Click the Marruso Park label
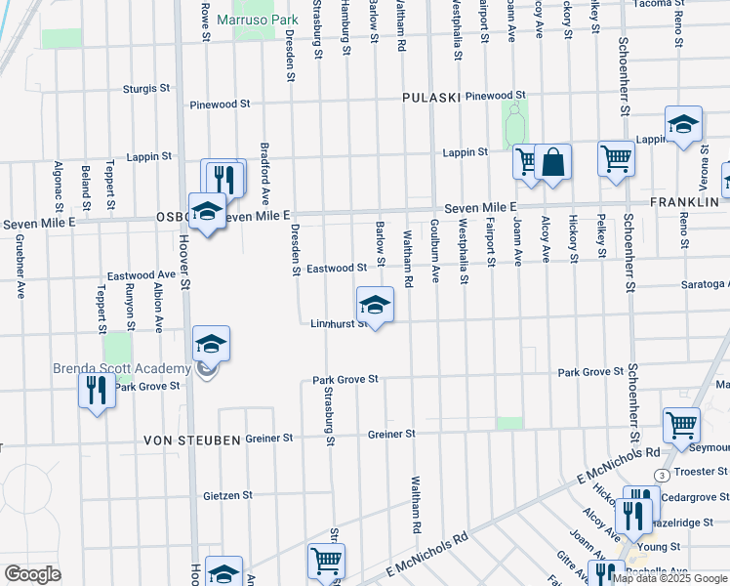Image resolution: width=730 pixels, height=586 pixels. (257, 20)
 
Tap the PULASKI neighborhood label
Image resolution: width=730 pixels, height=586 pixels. (430, 98)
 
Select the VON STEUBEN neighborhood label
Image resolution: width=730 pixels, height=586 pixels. (192, 440)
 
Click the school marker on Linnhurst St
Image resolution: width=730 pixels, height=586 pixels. (375, 306)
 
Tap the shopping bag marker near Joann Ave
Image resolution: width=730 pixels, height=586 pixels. (552, 163)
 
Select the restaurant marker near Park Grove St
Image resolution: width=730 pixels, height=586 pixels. (96, 393)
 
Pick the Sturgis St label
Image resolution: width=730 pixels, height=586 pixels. (146, 89)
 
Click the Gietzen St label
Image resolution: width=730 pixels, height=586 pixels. (227, 496)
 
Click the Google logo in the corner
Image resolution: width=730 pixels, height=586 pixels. (33, 574)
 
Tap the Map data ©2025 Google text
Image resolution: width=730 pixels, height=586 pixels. (670, 578)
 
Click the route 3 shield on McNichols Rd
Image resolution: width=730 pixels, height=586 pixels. (662, 475)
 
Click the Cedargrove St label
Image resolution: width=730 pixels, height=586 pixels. (694, 496)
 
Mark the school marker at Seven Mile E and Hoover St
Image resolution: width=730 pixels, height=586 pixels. (206, 212)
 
